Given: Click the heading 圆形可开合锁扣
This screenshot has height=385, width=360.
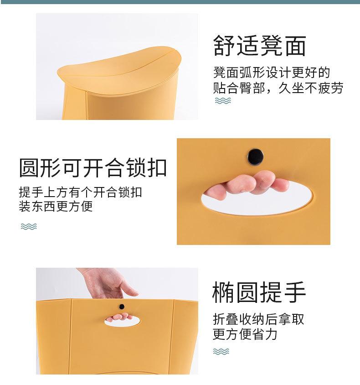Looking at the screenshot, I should [x=93, y=167].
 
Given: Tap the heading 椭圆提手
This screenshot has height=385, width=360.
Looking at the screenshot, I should [x=259, y=292].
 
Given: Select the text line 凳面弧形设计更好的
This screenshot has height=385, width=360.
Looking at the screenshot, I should [x=272, y=73].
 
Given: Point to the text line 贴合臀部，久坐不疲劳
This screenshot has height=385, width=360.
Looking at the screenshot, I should [x=278, y=88].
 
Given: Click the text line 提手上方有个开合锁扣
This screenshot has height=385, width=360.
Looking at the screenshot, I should [x=80, y=192].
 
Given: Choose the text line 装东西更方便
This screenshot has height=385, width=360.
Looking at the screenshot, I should [x=56, y=207].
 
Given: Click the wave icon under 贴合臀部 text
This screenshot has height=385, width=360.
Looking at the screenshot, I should [x=223, y=101].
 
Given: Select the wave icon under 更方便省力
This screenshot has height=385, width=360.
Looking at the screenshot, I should [x=221, y=351].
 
